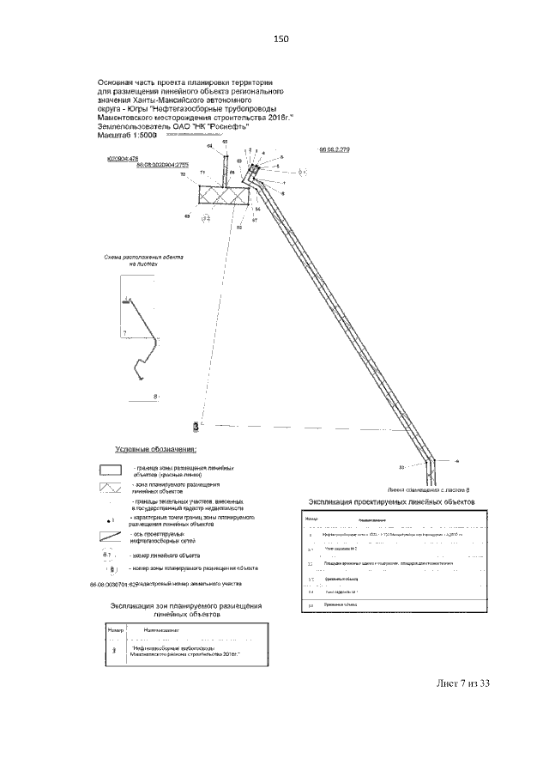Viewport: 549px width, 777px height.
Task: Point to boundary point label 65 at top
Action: [x=226, y=141]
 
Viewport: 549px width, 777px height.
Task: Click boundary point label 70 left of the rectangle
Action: [x=183, y=174]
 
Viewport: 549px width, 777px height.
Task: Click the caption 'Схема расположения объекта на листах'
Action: [x=144, y=261]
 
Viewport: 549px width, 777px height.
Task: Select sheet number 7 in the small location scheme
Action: [x=124, y=331]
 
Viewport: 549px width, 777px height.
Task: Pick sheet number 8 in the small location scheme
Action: [x=155, y=397]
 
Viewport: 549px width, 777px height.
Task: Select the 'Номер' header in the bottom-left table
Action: [x=116, y=630]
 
